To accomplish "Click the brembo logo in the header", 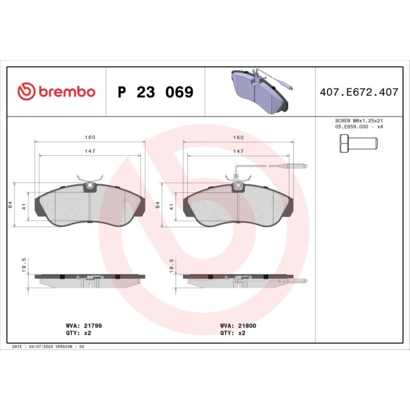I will tap(57, 92).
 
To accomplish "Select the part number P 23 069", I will tap(155, 93).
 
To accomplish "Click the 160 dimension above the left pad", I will tap(90, 138).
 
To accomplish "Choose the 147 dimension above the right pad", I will tap(238, 152).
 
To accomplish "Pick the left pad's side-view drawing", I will tap(90, 279).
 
